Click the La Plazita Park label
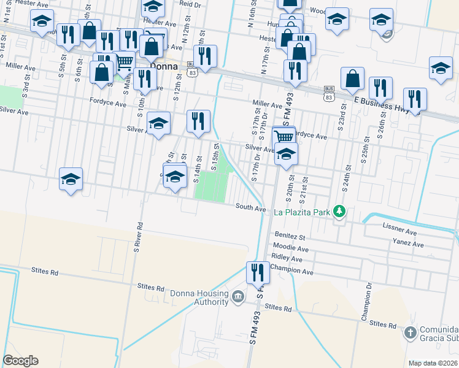click(302, 213)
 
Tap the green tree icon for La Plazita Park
click(338, 212)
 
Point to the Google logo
click(20, 361)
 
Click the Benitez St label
click(290, 236)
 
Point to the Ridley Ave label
click(287, 259)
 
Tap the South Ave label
click(251, 209)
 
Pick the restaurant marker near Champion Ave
click(257, 272)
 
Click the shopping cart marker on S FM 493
click(284, 137)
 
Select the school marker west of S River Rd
click(71, 179)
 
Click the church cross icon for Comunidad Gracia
click(410, 333)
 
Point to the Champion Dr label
click(367, 301)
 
